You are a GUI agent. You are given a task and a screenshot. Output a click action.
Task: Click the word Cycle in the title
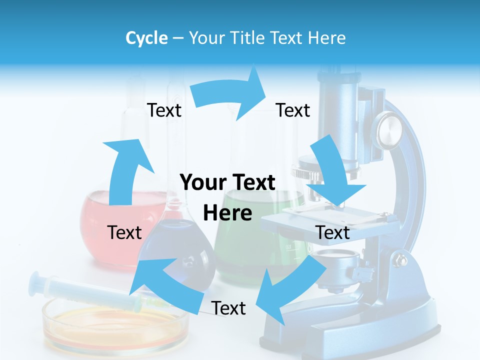coord(146,38)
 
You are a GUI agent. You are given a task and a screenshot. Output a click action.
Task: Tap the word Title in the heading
coord(249,38)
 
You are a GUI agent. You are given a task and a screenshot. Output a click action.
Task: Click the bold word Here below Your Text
coord(227,213)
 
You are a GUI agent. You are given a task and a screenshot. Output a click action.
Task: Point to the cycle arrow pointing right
coord(230,94)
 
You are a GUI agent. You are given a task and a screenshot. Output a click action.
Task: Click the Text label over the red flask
coord(124,232)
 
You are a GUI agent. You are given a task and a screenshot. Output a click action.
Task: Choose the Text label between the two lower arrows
coord(228,308)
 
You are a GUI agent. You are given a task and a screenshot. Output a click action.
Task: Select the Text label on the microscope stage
coord(333,232)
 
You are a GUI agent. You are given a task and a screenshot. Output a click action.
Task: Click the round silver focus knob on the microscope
coord(389,129)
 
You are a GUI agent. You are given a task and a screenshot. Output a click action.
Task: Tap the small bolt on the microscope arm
coord(400,260)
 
